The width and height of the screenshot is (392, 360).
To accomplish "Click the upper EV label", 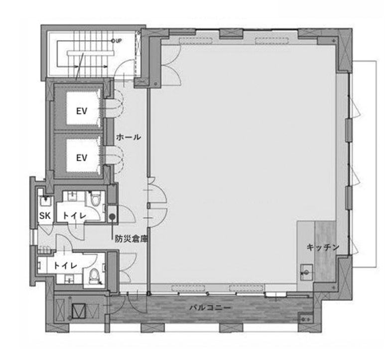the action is tap(82, 111).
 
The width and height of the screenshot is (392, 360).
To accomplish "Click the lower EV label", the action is tap(82, 158).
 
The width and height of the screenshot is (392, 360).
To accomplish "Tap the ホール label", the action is tap(128, 137).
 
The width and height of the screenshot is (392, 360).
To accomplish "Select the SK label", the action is tap(45, 215).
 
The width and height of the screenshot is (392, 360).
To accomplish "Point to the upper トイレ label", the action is tap(74, 215).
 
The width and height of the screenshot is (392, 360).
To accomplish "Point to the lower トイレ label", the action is tap(66, 265).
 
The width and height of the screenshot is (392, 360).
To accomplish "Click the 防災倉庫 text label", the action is tap(131, 239).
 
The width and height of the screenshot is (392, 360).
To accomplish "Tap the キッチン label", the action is tap(323, 247).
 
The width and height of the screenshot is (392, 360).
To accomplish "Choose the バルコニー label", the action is tap(210, 308).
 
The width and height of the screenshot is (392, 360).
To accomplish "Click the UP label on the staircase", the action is tap(119, 41).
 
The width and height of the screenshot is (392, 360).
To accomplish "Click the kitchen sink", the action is tap(306, 270).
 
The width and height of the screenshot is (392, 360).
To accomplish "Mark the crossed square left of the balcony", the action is tap(79, 311).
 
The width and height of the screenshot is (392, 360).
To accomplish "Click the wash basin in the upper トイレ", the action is tap(72, 196).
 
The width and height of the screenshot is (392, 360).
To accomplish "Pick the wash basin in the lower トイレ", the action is tap(68, 279).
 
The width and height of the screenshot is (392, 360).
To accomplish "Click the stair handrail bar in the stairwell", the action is tap(91, 53).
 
